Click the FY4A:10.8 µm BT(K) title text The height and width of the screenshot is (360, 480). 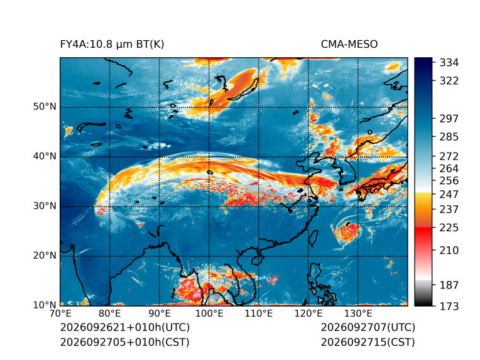pos(112,45)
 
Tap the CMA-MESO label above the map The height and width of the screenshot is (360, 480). pos(349,45)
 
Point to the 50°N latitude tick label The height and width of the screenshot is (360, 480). pos(45,107)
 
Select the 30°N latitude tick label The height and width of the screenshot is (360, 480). pos(45,205)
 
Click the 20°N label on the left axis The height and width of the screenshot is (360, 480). pos(45,255)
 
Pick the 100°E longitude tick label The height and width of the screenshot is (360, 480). pos(209,314)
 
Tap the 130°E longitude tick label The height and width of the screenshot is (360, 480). pos(358,314)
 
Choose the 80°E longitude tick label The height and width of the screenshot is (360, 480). pos(109,314)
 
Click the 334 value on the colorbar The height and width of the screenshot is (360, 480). pos(449,62)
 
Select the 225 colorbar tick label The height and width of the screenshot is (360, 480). pos(449,228)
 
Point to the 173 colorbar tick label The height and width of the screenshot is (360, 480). pos(449,306)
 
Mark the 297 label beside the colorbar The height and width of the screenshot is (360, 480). pos(449,119)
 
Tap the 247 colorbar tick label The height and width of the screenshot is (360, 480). pos(449,194)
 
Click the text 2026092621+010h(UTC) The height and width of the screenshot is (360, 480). pos(125,327)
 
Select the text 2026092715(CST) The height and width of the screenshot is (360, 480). pos(368,342)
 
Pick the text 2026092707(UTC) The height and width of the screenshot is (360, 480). pos(368,327)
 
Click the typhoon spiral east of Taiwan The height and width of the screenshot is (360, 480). pos(347,231)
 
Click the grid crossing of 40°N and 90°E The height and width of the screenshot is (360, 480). pos(159,157)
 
